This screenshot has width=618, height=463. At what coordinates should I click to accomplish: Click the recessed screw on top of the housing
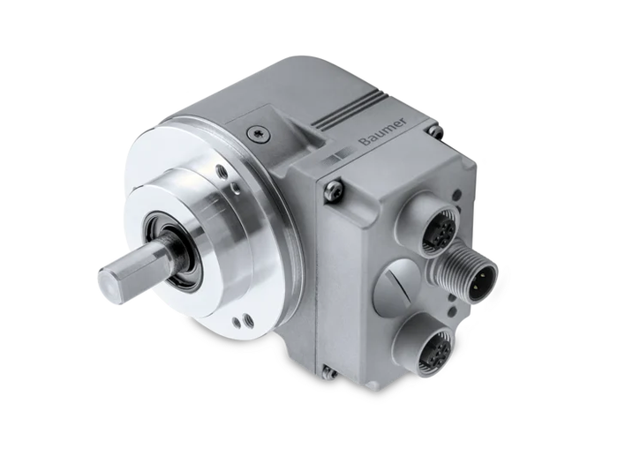(x=259, y=135)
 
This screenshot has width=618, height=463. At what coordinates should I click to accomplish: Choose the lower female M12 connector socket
(x=434, y=347)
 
